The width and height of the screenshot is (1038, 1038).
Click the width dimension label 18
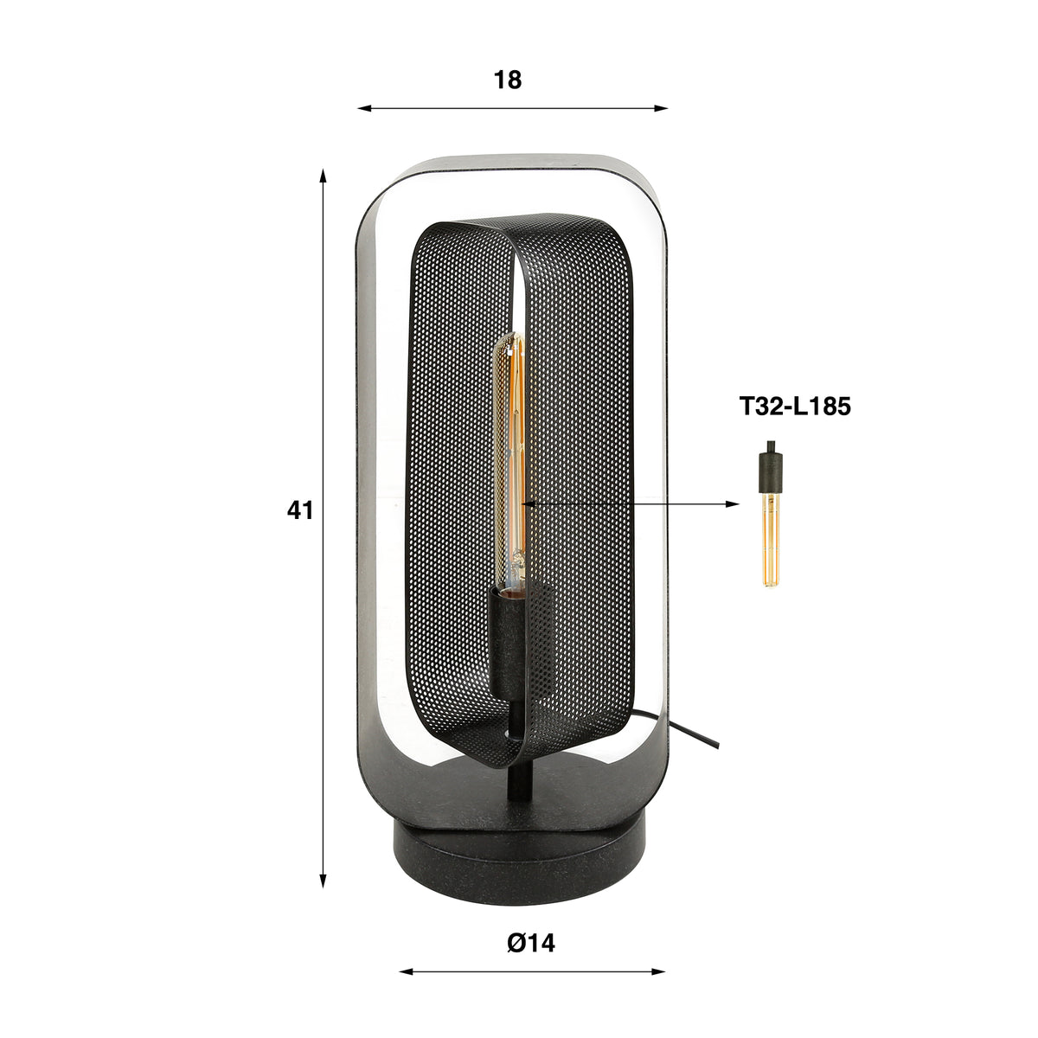508,80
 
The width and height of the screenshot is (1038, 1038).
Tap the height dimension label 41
300,510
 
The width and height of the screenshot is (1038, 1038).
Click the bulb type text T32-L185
795,407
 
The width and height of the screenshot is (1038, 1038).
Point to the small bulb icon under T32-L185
771,514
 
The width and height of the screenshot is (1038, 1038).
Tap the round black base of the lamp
519,853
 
